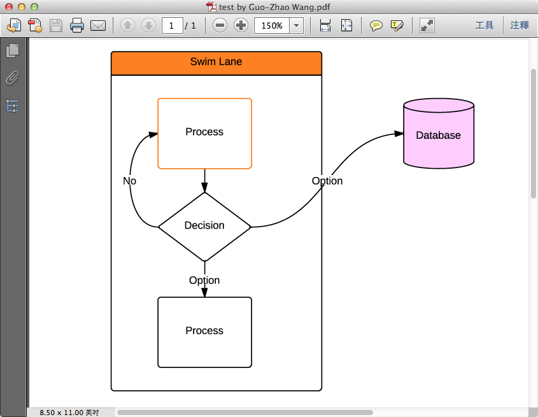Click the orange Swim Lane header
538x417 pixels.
point(216,63)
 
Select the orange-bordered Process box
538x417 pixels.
point(204,133)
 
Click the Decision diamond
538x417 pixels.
point(204,226)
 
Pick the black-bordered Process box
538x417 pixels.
point(204,332)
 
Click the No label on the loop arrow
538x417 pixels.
point(129,181)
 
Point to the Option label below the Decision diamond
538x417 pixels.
point(204,280)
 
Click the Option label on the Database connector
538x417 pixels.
point(327,181)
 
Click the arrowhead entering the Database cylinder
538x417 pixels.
point(399,134)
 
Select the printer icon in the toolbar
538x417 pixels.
point(77,25)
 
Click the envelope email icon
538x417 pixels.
point(97,25)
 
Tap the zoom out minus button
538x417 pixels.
point(220,25)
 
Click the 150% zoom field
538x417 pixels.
point(272,25)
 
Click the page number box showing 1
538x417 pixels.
point(172,25)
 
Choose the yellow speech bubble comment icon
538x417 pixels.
point(376,25)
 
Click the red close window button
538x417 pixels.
point(9,7)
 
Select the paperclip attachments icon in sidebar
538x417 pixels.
point(12,78)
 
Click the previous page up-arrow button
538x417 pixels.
point(127,25)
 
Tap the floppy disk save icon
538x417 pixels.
point(56,25)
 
